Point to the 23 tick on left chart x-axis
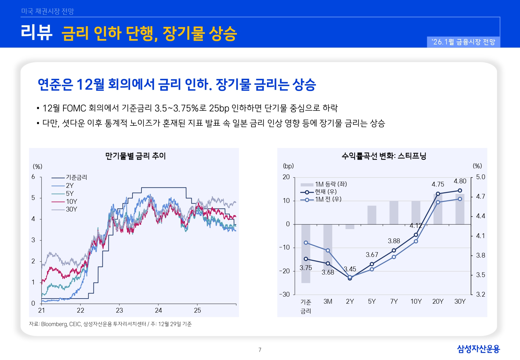point(119,310)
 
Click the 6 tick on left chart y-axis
point(33,177)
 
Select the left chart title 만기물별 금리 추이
point(135,156)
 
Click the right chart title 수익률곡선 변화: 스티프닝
point(384,156)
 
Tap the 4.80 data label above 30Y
point(460,181)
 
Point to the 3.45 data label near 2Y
point(350,269)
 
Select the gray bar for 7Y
point(394,212)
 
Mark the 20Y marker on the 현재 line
point(438,194)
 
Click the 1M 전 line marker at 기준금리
point(306,243)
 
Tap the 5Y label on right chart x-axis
point(372,301)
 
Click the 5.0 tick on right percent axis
point(480,177)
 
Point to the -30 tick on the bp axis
point(284,294)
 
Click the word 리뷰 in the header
point(36,32)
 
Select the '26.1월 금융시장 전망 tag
point(463,42)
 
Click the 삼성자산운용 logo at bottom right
point(478,349)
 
